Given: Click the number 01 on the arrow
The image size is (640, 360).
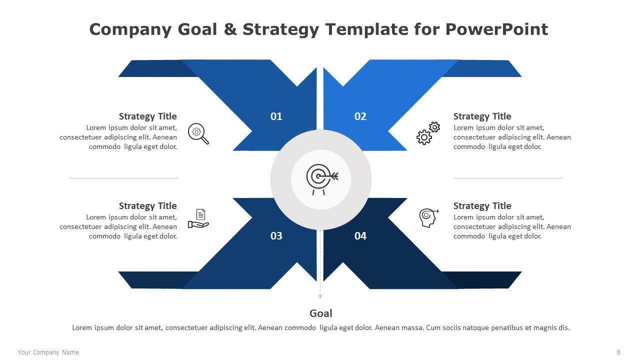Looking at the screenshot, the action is click(x=276, y=116).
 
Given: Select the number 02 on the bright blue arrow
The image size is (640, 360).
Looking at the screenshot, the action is click(x=360, y=116).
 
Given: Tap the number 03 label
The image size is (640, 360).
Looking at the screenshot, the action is click(x=276, y=236).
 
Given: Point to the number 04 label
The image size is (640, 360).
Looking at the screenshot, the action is click(x=360, y=236).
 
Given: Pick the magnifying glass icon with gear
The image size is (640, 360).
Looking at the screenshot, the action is click(x=198, y=133).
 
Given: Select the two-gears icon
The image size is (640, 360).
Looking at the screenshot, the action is click(x=428, y=133).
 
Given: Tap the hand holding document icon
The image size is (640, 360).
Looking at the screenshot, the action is click(x=198, y=218).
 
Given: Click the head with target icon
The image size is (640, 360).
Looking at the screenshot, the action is click(x=428, y=218).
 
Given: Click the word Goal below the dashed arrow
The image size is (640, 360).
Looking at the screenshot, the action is click(x=320, y=313).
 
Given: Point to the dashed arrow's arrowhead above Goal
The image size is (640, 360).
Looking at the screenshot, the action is click(x=320, y=296).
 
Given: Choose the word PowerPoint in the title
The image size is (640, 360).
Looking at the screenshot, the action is click(x=496, y=29).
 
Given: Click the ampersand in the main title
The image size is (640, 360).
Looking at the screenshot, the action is click(x=230, y=29).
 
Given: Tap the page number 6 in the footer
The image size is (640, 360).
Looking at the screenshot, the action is click(x=618, y=352).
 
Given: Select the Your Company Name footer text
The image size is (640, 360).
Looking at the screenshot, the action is click(x=48, y=352).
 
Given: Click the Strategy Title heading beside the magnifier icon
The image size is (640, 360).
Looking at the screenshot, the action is click(x=147, y=116).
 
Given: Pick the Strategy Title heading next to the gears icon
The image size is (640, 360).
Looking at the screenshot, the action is click(x=482, y=116).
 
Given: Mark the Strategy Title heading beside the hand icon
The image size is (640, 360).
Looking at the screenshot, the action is click(x=147, y=206).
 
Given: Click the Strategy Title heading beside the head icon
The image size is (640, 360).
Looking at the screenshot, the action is click(x=482, y=206).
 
